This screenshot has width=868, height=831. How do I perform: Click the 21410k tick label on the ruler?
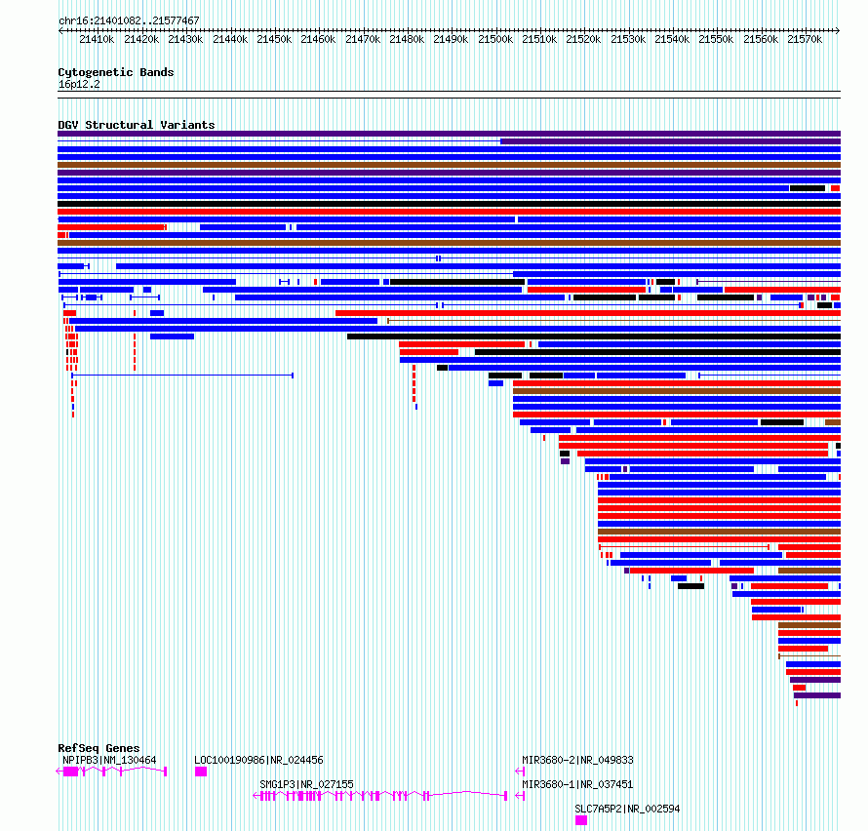[x=97, y=39]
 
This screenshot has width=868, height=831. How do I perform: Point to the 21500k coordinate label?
[x=495, y=39]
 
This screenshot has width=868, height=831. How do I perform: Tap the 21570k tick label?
[x=805, y=39]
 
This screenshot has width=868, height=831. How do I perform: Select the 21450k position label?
[x=274, y=39]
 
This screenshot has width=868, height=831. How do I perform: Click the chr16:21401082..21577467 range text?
[x=129, y=20]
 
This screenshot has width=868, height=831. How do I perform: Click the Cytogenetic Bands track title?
[x=116, y=72]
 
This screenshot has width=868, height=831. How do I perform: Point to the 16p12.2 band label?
[x=79, y=84]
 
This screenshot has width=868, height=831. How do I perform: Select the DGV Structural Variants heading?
[x=137, y=125]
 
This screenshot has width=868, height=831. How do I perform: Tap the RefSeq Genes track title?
[x=99, y=748]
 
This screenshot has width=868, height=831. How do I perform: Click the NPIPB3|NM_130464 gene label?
[x=109, y=760]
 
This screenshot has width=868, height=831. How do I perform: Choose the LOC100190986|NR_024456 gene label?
[x=258, y=760]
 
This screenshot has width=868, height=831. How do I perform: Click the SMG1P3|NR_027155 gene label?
[x=306, y=784]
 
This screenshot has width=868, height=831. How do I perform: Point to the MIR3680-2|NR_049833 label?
[x=577, y=760]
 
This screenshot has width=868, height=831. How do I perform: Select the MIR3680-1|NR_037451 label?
[x=577, y=784]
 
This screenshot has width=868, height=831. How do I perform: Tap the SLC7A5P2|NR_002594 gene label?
[x=627, y=809]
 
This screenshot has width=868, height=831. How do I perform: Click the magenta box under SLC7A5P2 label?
[x=580, y=820]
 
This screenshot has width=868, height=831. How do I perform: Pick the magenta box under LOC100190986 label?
[x=201, y=772]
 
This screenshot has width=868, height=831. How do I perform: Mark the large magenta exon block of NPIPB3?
[x=71, y=772]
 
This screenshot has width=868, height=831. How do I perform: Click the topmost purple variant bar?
[x=449, y=134]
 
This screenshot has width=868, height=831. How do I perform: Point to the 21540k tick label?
[x=672, y=39]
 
